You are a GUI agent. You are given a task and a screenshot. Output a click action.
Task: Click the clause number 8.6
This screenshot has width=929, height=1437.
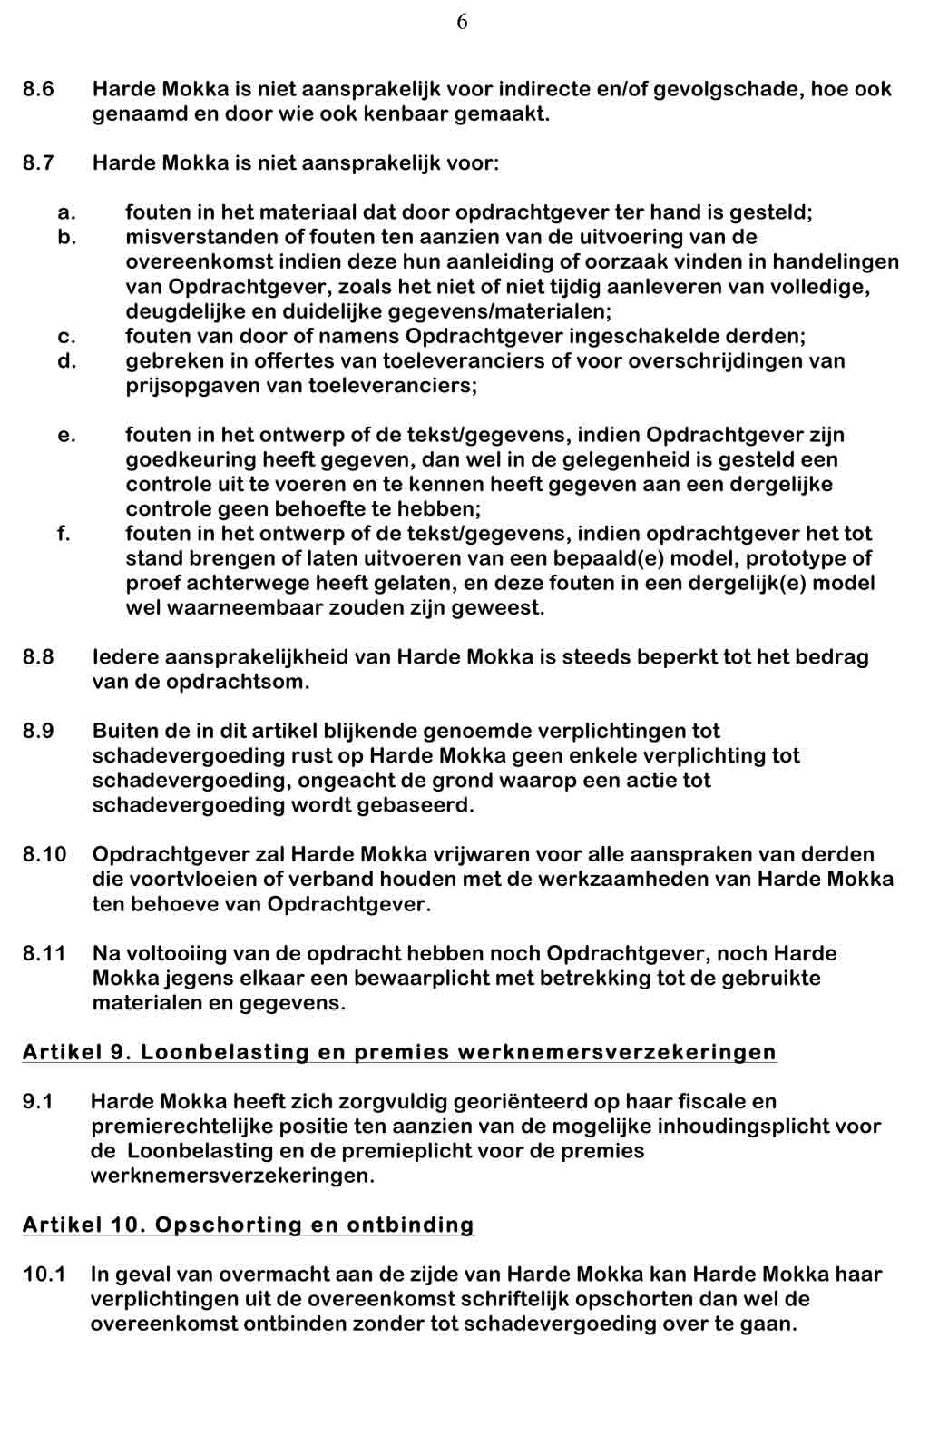point(38,90)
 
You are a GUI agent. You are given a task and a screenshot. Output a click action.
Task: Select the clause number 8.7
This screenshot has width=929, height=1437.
point(38,164)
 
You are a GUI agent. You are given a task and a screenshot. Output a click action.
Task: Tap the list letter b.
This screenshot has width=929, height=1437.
point(64,238)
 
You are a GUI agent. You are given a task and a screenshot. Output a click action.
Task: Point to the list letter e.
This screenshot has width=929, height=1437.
point(65,436)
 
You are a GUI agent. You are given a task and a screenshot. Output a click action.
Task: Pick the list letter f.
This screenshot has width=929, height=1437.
point(64,534)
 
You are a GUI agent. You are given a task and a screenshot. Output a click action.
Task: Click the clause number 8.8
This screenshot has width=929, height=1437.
point(38,657)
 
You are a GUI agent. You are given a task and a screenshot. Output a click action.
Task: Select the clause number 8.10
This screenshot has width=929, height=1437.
point(44,855)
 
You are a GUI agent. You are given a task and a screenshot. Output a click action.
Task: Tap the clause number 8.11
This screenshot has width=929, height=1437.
point(44,954)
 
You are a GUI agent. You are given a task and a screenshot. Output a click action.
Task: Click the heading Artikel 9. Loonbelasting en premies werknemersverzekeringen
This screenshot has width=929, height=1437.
point(399,1053)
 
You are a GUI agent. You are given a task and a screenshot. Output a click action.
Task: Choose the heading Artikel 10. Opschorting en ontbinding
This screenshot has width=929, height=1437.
point(248,1225)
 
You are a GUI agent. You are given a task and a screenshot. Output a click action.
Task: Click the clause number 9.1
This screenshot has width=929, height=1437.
point(38,1103)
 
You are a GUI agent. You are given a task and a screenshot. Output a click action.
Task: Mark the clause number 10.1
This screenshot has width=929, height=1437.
point(44,1275)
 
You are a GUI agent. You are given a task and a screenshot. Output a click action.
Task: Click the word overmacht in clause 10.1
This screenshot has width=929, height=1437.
point(263,1275)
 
